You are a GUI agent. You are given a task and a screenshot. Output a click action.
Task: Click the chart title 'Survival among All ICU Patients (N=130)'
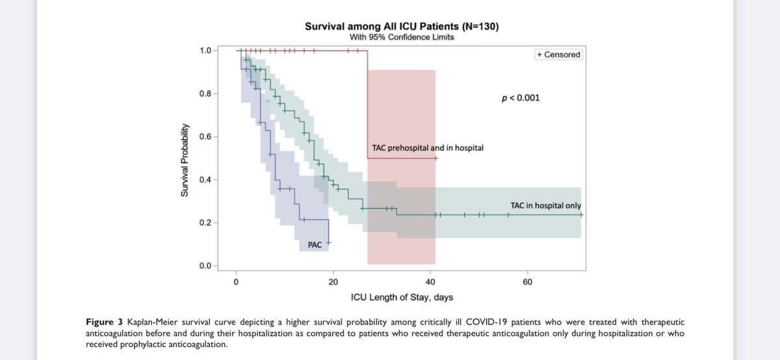[x=402, y=27]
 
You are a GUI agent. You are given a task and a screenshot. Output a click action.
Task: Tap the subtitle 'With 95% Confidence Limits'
[x=402, y=38]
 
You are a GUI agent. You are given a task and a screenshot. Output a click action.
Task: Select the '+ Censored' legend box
[x=558, y=55]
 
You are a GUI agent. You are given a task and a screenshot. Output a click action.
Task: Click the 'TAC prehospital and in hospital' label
[x=427, y=148]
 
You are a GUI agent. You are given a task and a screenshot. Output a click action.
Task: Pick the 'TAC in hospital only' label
[x=545, y=206]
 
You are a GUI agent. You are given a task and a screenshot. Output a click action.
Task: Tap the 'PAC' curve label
[x=315, y=245]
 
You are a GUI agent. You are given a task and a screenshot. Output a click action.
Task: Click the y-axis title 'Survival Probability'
[x=185, y=159]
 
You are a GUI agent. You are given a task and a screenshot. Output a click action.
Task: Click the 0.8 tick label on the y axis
[x=206, y=94]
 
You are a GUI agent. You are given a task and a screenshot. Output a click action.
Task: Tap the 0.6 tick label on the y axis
[x=206, y=137]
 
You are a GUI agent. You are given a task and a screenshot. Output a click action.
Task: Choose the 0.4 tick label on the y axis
[x=206, y=180]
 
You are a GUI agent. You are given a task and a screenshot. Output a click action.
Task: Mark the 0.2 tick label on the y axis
[x=206, y=223]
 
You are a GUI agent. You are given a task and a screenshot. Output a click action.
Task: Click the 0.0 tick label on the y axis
[x=206, y=266]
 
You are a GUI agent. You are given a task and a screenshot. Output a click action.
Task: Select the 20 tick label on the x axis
[x=333, y=282]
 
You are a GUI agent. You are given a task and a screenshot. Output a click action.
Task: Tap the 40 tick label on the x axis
[x=430, y=282]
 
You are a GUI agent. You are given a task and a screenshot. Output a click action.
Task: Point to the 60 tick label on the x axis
[x=527, y=282]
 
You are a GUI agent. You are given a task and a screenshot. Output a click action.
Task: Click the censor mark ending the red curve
[x=435, y=158]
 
